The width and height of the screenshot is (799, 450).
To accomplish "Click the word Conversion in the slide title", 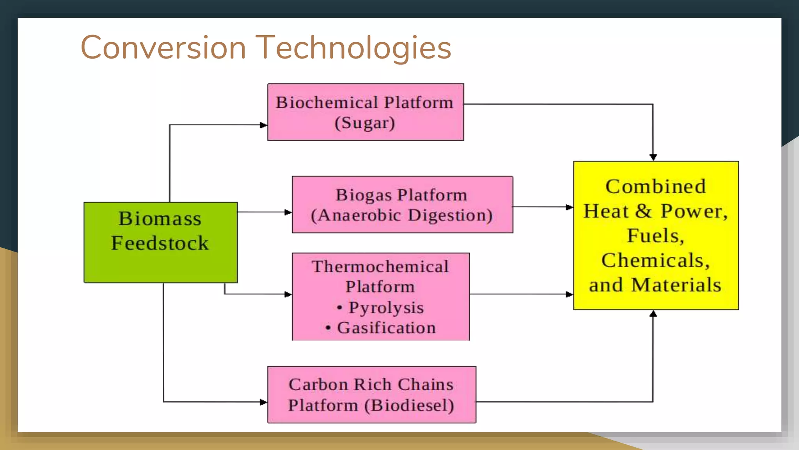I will click(163, 47).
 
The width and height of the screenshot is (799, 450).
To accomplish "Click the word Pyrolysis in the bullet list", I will click(386, 307).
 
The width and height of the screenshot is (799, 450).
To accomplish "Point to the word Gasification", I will click(386, 328).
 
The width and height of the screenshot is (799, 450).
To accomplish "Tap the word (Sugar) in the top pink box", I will click(365, 123).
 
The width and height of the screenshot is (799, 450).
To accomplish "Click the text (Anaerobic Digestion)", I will click(402, 215).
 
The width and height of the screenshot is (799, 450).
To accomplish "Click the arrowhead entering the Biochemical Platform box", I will click(263, 125).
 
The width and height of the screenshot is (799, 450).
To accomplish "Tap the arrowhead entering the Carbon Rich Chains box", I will click(263, 402).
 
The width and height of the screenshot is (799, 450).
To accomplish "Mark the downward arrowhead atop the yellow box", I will click(653, 157).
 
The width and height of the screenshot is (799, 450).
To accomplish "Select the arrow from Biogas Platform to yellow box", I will click(542, 207).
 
